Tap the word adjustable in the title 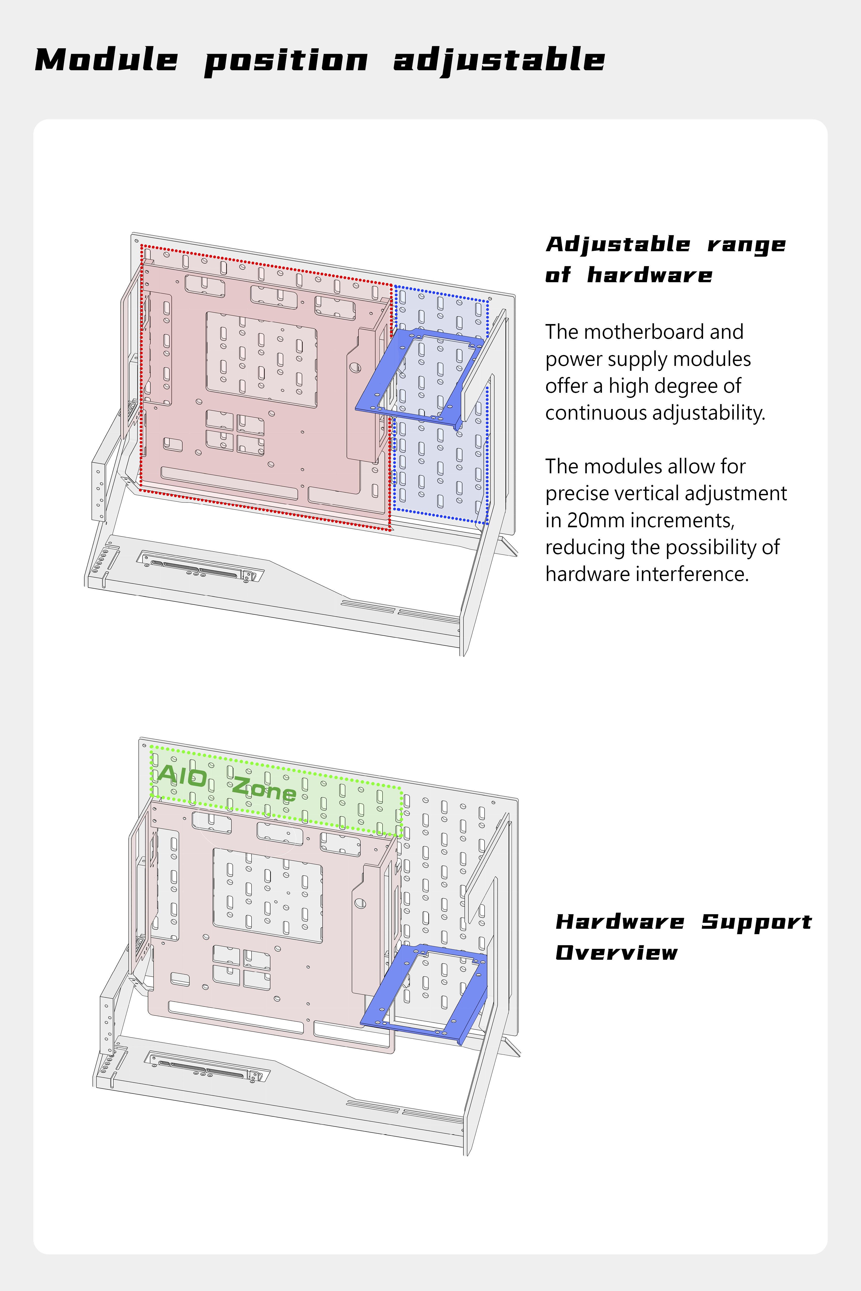pyautogui.click(x=499, y=60)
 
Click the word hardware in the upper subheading pyautogui.click(x=650, y=275)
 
